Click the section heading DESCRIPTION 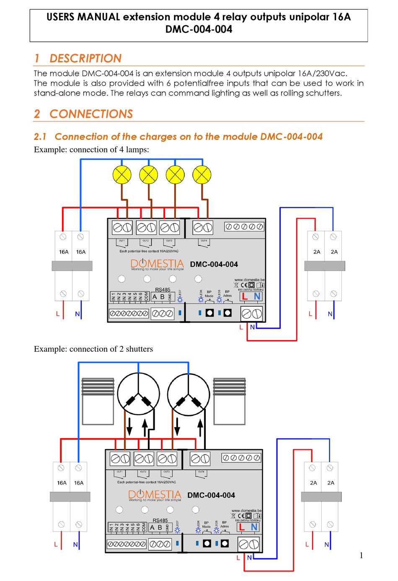click(x=85, y=58)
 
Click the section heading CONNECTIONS click(x=91, y=114)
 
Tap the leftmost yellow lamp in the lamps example click(x=122, y=175)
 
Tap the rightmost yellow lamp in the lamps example click(x=202, y=175)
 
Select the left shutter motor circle click(x=138, y=394)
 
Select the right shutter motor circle click(x=189, y=394)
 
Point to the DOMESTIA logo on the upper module click(x=157, y=263)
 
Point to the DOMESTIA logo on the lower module click(x=154, y=495)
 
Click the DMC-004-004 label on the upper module click(x=214, y=264)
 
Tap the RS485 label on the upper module click(x=163, y=289)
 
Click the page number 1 click(x=361, y=555)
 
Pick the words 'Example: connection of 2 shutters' click(x=93, y=349)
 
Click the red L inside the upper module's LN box click(x=245, y=296)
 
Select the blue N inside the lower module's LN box click(x=254, y=527)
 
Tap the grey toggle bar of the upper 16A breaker click(x=72, y=266)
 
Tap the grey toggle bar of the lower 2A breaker click(x=321, y=496)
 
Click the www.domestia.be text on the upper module click(x=249, y=280)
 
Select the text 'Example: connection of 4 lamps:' click(x=91, y=150)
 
